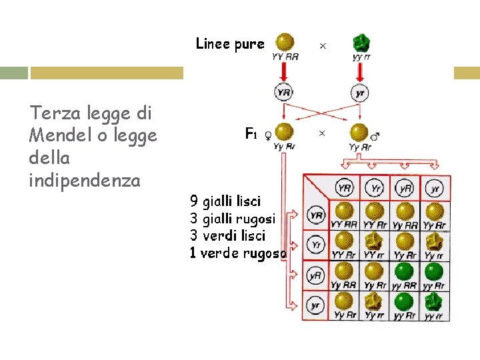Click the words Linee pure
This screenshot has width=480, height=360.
click(x=230, y=44)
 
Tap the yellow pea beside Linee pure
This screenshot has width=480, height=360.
click(x=285, y=43)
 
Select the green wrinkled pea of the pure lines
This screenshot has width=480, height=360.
click(x=361, y=43)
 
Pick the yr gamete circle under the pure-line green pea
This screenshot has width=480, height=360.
click(x=360, y=93)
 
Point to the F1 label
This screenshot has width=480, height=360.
click(x=251, y=134)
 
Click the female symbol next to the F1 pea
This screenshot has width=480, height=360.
click(x=268, y=135)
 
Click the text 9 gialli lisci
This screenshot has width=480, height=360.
click(x=225, y=201)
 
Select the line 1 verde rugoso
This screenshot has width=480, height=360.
click(x=238, y=253)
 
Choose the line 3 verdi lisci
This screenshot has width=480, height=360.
click(x=227, y=235)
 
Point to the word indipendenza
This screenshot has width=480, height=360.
click(x=85, y=180)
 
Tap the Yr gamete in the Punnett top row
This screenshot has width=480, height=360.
click(x=375, y=189)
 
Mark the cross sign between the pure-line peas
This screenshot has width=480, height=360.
click(x=323, y=45)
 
